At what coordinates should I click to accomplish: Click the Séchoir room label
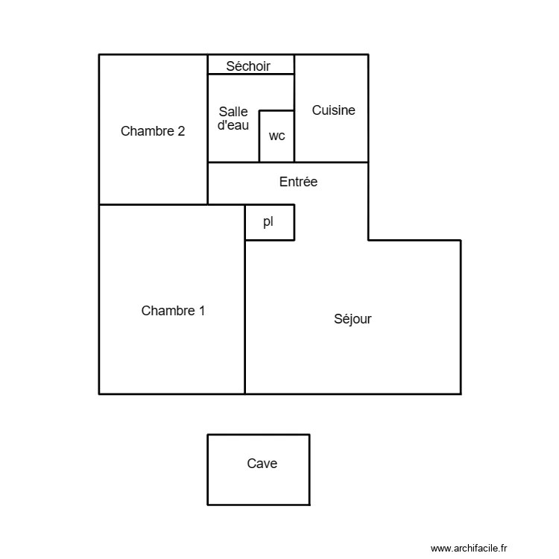click(x=248, y=66)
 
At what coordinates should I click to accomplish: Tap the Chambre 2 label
click(x=153, y=131)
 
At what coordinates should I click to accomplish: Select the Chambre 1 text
click(x=173, y=311)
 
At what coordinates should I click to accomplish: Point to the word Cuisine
click(x=333, y=110)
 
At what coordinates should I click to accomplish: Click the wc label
click(x=277, y=136)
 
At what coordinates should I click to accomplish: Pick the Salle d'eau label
click(x=233, y=119)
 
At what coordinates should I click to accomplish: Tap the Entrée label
click(x=298, y=181)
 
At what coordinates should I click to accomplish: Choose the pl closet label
click(x=268, y=222)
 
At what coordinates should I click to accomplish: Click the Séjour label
click(x=353, y=319)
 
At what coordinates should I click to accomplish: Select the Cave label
click(x=262, y=464)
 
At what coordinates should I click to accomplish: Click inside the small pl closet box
click(x=279, y=231)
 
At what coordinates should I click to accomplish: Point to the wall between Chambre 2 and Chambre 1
click(x=153, y=204)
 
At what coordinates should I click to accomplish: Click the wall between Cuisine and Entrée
click(x=332, y=162)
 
